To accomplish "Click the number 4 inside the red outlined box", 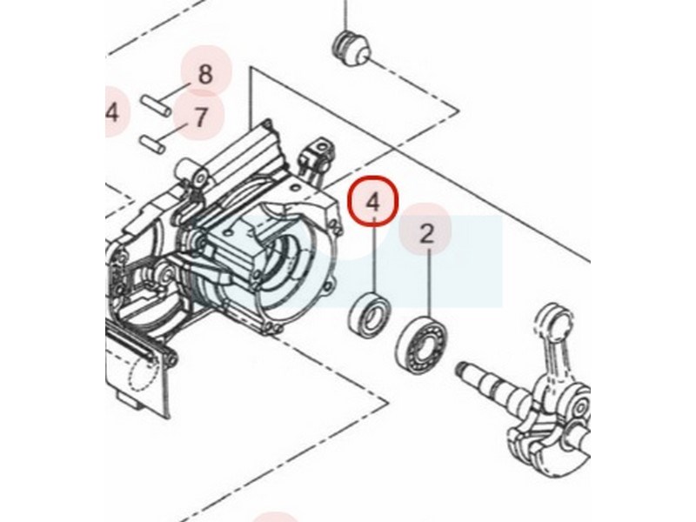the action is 373,202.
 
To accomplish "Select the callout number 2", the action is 426,234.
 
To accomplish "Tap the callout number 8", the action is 205,74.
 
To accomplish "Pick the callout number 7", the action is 201,117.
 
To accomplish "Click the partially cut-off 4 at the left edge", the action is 112,112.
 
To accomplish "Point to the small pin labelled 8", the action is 157,104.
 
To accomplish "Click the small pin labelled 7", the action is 153,143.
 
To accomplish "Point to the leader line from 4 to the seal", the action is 375,254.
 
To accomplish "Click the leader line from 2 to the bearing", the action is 429,284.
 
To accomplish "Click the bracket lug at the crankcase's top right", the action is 316,153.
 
